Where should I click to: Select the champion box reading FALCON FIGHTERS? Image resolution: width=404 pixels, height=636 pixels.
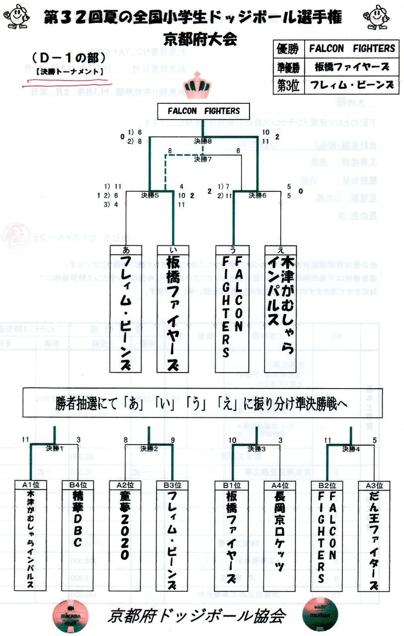tap(203, 111)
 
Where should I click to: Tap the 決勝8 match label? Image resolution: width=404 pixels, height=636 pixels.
tap(203, 141)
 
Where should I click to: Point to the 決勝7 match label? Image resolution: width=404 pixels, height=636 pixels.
tap(203, 159)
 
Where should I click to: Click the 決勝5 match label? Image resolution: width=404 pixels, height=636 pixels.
tap(150, 195)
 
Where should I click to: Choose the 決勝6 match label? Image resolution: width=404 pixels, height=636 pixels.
tap(257, 195)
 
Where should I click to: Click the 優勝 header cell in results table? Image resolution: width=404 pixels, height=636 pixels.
tap(287, 49)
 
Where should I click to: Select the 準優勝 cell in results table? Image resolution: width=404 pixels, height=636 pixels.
tap(287, 67)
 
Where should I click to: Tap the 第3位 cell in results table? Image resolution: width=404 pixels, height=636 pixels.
tap(287, 85)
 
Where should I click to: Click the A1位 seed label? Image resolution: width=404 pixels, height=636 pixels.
tap(31, 485)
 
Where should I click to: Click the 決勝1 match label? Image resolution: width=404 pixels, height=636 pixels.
tap(55, 449)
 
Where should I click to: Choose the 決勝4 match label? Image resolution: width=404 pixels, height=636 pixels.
tap(351, 449)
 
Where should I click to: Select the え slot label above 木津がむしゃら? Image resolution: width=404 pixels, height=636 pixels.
tap(280, 249)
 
